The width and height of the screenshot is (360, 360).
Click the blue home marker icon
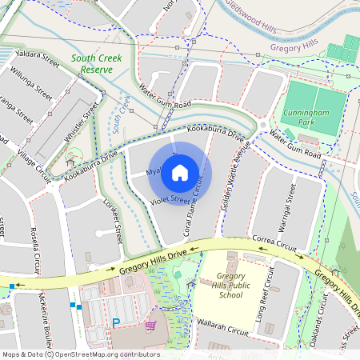point(180,172)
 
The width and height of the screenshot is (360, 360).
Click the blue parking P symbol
point(116,322)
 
